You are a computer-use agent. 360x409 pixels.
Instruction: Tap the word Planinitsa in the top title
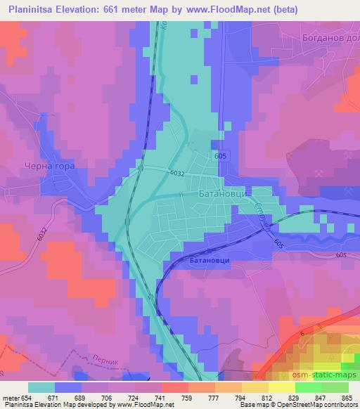[32, 10]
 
